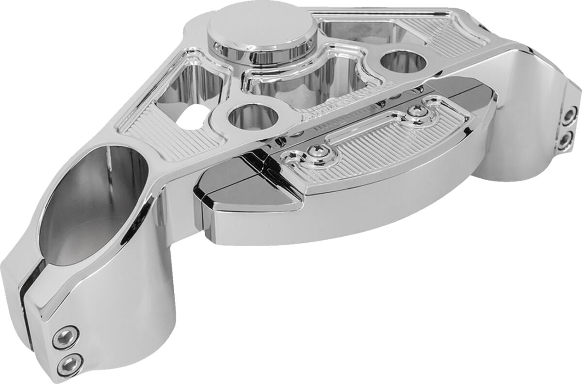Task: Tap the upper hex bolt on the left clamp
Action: coord(65,337)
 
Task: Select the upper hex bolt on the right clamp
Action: coord(570,115)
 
